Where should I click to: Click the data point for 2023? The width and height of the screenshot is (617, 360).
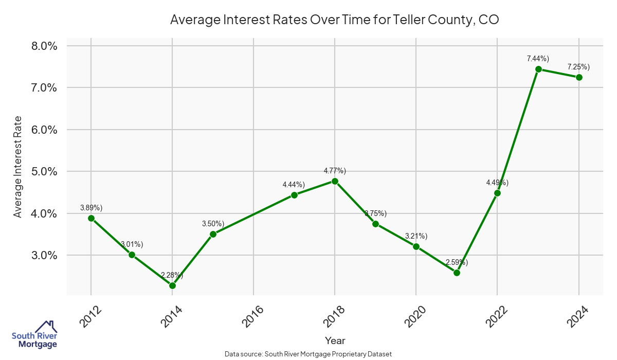point(538,69)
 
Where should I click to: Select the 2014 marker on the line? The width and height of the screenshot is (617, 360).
point(172,285)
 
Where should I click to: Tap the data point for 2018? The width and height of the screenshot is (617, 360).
point(335,181)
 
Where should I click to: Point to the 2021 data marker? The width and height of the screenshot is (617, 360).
point(457,273)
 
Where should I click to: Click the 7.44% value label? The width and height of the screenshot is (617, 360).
point(538,59)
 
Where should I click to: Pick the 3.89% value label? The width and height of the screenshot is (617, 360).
point(92,208)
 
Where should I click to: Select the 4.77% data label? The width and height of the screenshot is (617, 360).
point(335,171)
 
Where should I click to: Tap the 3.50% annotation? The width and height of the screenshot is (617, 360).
point(213,224)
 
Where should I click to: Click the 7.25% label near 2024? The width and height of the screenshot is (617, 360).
point(578,67)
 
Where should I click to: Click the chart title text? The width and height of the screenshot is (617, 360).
point(335,20)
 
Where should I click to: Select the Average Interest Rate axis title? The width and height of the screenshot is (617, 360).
point(18,166)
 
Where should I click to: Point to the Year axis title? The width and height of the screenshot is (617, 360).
point(335,340)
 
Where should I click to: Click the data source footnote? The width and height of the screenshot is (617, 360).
point(308,354)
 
